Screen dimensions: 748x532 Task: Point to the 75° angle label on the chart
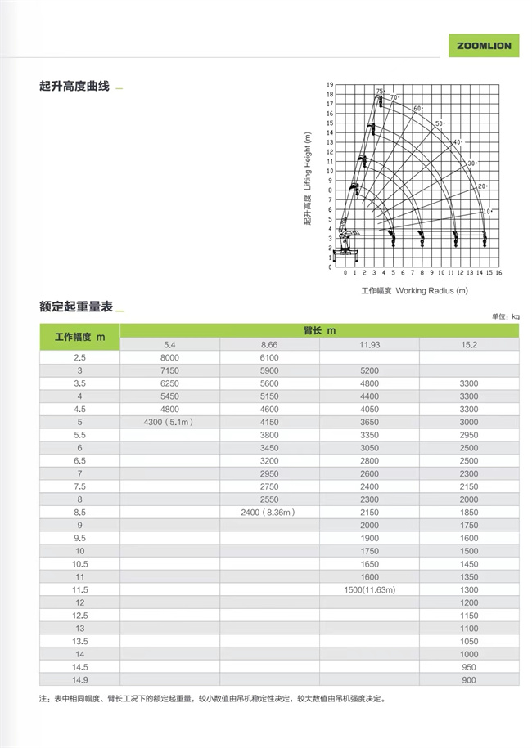tap(380, 90)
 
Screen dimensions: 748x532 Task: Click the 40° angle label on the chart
tap(458, 143)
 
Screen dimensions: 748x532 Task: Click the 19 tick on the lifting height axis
tap(330, 85)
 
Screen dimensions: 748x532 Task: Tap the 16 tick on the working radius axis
tap(498, 272)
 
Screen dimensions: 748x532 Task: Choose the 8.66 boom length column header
tap(269, 344)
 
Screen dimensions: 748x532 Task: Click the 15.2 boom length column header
tap(469, 344)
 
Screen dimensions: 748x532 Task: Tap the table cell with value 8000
tap(169, 358)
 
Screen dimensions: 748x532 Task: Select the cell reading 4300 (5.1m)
tap(169, 422)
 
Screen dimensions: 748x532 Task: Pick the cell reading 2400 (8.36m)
tap(269, 512)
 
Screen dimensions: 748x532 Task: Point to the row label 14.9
tap(79, 680)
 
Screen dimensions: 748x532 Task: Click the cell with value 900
tap(469, 680)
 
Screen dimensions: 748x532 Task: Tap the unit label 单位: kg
tap(506, 316)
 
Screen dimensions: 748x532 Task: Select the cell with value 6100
tap(269, 358)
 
